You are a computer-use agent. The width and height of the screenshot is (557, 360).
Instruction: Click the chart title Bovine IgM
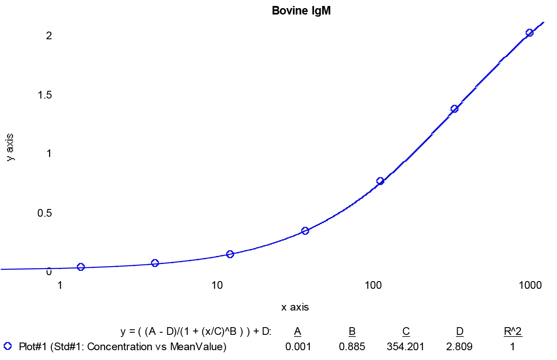point(301,11)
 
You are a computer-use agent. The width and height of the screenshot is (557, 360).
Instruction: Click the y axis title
point(10,147)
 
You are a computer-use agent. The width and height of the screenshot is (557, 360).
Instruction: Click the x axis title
point(295,308)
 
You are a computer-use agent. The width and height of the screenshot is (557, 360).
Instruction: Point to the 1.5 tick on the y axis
point(45,95)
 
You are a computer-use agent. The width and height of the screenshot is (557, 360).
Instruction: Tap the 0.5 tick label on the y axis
point(45,213)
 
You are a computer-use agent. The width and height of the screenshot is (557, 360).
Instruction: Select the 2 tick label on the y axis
point(49,36)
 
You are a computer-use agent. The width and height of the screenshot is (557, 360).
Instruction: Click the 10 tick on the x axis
point(217,285)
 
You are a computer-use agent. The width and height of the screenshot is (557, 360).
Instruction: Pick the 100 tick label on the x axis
point(373,285)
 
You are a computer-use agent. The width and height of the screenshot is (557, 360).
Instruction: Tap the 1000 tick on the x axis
point(530,285)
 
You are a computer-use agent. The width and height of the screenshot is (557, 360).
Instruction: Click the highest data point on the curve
point(529,33)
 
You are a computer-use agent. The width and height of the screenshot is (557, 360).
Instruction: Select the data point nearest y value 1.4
point(455,109)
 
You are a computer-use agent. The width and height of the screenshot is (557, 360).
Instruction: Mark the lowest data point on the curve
point(81,267)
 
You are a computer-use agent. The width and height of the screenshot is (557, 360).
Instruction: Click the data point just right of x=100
point(380,181)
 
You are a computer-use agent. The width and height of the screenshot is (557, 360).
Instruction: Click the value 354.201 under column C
point(405,347)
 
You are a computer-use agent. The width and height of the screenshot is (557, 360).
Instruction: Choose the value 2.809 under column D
point(459,347)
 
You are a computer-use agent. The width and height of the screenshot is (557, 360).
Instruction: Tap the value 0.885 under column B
point(352,347)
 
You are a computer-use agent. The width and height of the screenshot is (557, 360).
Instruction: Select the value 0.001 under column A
point(298,347)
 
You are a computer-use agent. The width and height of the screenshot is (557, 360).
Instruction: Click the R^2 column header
point(513,331)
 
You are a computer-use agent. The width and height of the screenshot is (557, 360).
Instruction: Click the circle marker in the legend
point(8,346)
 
